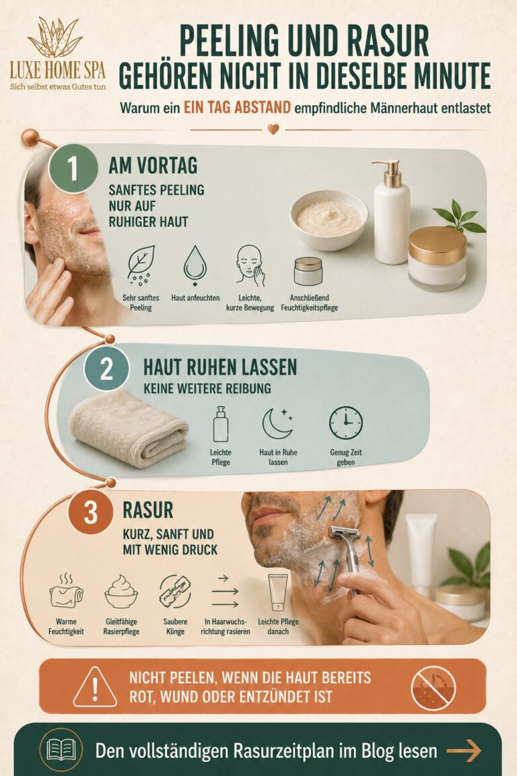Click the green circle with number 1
(x=73, y=168)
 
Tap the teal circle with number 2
(x=106, y=368)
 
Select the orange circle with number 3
(x=90, y=512)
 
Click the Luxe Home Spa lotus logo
(x=55, y=37)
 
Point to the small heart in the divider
(x=273, y=129)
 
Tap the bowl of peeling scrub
(x=329, y=220)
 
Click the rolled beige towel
(x=128, y=428)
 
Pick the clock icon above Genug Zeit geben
(x=346, y=423)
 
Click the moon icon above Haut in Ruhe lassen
(x=277, y=424)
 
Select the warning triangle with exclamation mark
(x=95, y=686)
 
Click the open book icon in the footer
(x=61, y=749)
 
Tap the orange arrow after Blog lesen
(x=464, y=751)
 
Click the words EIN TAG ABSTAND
(x=237, y=107)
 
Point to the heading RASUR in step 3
(x=148, y=510)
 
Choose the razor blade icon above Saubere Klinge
(x=175, y=591)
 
